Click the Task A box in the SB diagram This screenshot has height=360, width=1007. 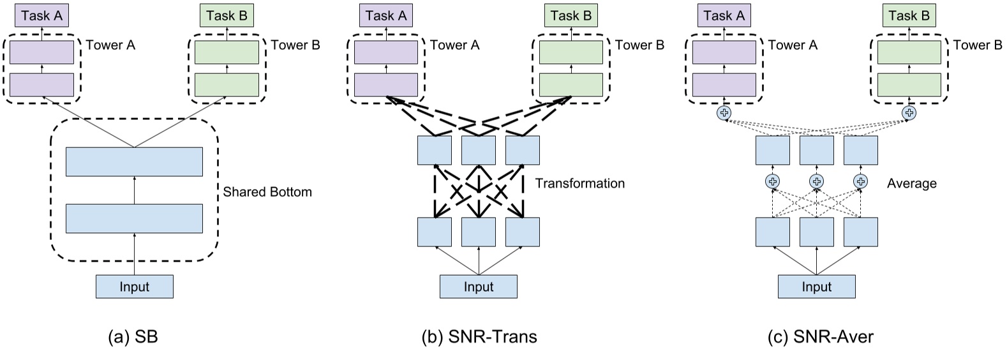(41, 15)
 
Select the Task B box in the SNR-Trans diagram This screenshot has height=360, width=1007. (571, 15)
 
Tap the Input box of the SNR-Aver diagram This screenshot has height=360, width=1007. (816, 287)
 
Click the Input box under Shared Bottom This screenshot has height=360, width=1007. (134, 287)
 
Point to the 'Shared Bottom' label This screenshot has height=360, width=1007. (267, 192)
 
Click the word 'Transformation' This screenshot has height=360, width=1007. (579, 184)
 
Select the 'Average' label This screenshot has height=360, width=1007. (911, 184)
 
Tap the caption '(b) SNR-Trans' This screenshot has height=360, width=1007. (479, 337)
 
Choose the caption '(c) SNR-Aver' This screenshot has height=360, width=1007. (820, 337)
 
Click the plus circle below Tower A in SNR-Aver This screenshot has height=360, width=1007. (724, 113)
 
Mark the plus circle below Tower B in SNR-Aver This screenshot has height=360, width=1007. (909, 113)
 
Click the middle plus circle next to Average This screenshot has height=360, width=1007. (816, 181)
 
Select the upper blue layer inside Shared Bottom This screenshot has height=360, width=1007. (134, 161)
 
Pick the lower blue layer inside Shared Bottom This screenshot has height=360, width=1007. (134, 218)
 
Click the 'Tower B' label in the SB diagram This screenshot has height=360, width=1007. (295, 45)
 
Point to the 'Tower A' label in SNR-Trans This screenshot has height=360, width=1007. (454, 45)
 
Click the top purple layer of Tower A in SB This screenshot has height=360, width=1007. (41, 52)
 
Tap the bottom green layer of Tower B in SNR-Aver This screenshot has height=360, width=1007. (909, 84)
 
